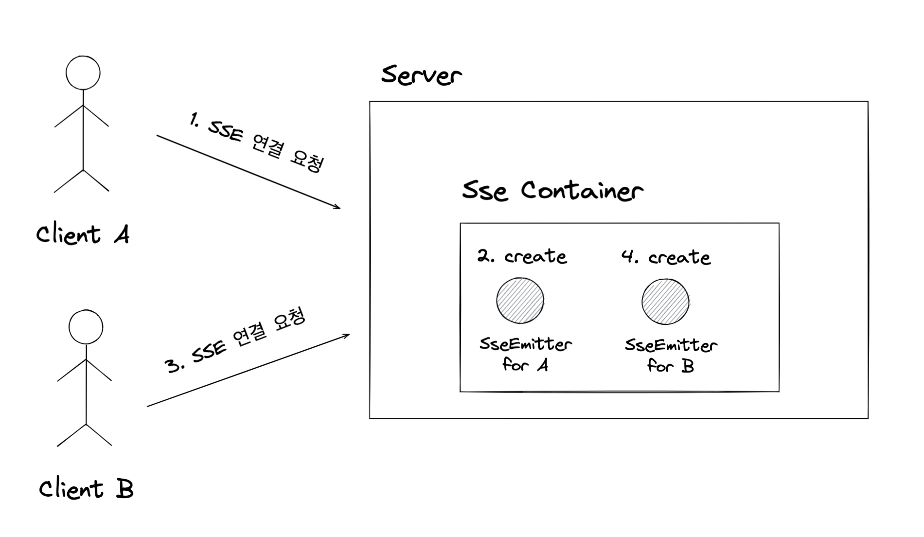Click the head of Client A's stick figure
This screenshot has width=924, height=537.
tap(83, 73)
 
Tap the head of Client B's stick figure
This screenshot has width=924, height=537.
tap(86, 327)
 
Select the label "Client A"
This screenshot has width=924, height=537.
tap(83, 234)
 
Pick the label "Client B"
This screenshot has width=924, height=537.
tap(86, 489)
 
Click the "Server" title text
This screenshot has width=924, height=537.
tap(421, 76)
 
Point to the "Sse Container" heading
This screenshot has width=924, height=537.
tap(552, 190)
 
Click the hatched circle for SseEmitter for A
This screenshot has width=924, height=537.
tap(520, 301)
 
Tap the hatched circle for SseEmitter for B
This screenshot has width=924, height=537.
tap(665, 302)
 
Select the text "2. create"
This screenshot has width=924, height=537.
tap(522, 256)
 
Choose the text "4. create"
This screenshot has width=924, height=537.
tap(666, 257)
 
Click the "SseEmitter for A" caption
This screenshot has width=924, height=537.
tap(525, 354)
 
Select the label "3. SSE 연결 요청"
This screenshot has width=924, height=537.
tap(236, 341)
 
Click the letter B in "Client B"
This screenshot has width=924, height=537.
tap(124, 489)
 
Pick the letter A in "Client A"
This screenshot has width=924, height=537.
tap(122, 235)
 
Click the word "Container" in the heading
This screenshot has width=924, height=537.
tap(582, 190)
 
